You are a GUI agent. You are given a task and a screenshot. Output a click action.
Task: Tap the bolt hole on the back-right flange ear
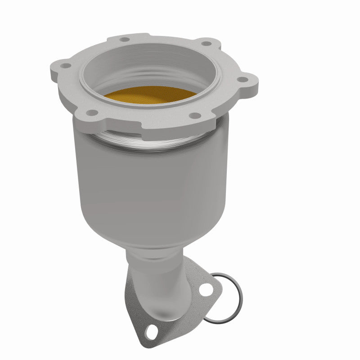pos(206,44)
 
